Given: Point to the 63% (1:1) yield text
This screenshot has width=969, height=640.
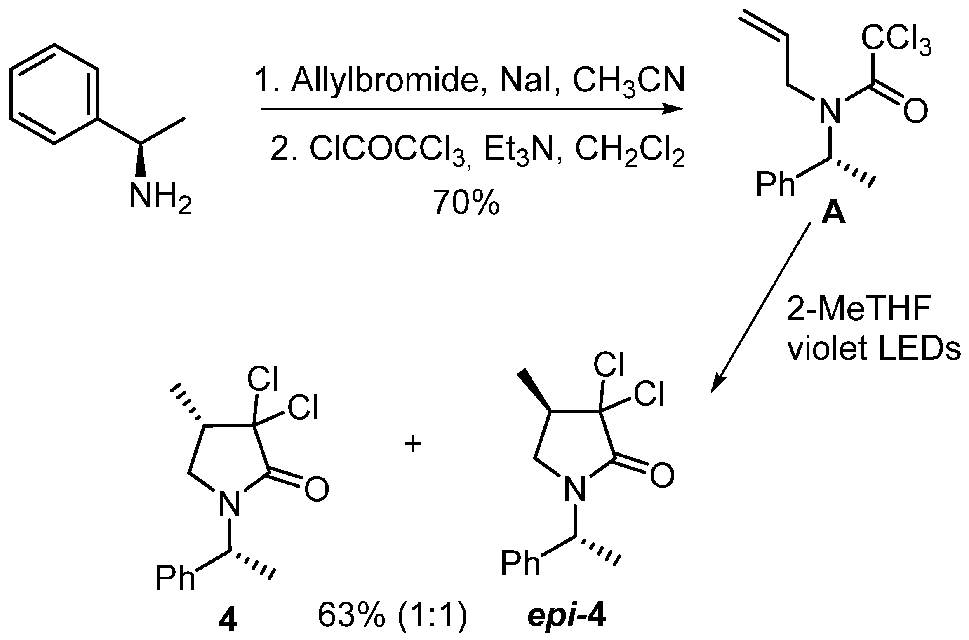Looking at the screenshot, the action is (392, 622).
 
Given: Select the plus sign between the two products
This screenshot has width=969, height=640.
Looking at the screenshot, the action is (413, 445).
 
